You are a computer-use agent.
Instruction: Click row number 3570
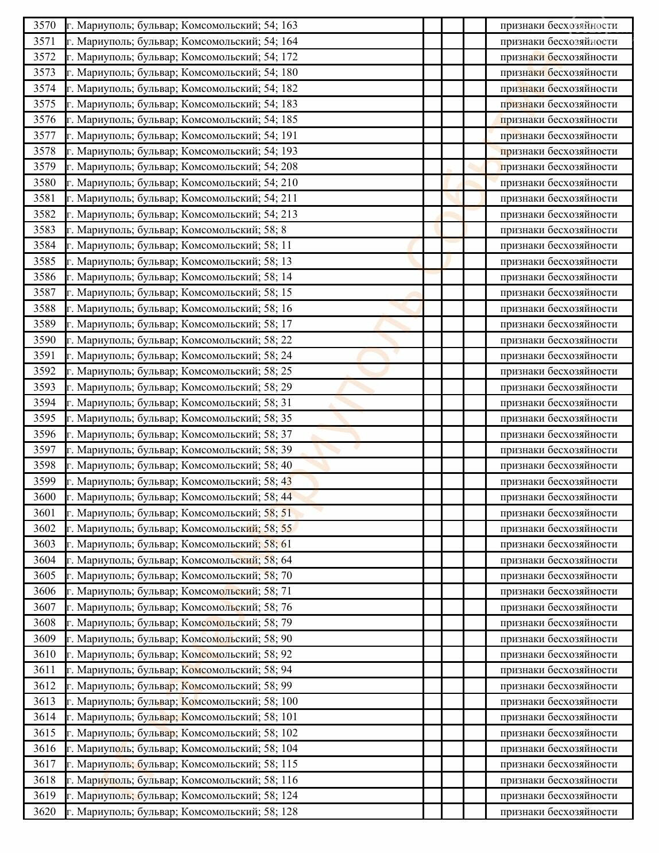click(x=45, y=25)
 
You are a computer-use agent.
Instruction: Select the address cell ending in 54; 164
click(x=182, y=41)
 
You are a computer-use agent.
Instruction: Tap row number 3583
click(x=45, y=230)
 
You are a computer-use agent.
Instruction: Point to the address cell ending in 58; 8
click(x=176, y=230)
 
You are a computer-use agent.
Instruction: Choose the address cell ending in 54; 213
click(x=182, y=214)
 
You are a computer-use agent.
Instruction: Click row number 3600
click(x=45, y=497)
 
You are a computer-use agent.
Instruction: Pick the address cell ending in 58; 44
click(x=179, y=497)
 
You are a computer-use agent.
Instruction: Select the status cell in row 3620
click(x=559, y=812)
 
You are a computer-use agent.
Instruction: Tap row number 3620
click(x=45, y=812)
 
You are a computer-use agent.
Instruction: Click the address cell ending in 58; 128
click(x=182, y=812)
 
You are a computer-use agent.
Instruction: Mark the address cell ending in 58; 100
click(x=182, y=701)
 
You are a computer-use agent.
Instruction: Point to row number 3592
click(x=45, y=371)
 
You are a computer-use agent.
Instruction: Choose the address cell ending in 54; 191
click(x=182, y=136)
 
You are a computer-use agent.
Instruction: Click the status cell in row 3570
click(x=559, y=25)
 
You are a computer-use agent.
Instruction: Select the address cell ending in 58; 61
click(x=179, y=544)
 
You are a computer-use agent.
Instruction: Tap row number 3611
click(x=45, y=670)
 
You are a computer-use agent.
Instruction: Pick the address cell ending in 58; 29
click(x=179, y=387)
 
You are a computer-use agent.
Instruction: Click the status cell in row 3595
click(x=559, y=418)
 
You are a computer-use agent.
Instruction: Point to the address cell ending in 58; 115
click(x=182, y=764)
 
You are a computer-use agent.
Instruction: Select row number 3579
click(x=45, y=167)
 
